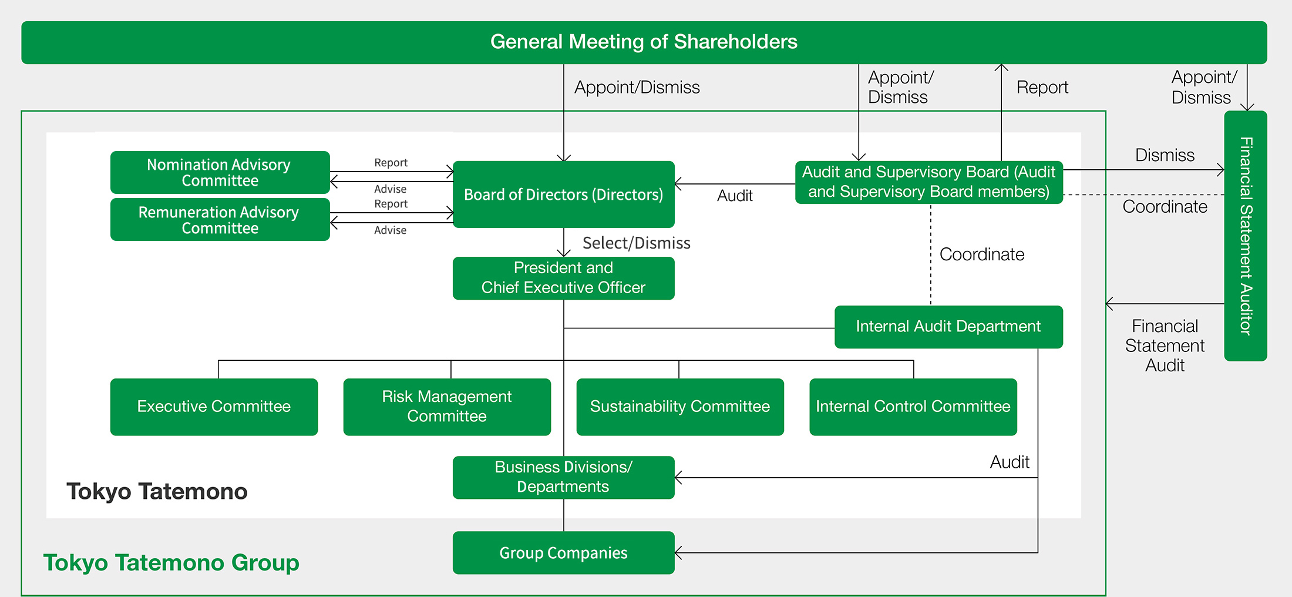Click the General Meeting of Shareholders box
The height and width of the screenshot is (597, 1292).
[x=644, y=42]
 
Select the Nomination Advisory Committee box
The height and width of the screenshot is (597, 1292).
[x=220, y=172]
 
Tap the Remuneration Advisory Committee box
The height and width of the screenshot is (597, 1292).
[x=220, y=220]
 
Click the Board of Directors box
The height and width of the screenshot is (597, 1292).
[x=563, y=194]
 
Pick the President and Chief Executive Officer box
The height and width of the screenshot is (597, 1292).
[x=563, y=278]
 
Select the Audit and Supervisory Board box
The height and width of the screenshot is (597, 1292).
[x=928, y=182]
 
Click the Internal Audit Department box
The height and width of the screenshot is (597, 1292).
[x=948, y=327]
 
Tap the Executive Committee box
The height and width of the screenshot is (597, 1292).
[x=214, y=407]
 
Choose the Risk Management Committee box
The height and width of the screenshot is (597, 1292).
[x=447, y=407]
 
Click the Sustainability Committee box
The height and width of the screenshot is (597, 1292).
[x=679, y=407]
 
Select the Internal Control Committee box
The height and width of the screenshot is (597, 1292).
[x=913, y=407]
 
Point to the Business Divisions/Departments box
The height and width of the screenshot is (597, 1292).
[x=563, y=477]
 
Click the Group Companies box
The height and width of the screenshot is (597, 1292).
[x=563, y=553]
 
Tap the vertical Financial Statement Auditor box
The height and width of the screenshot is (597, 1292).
[x=1246, y=236]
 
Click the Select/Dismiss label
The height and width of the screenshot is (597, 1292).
[x=636, y=243]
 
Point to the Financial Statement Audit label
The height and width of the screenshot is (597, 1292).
[x=1165, y=346]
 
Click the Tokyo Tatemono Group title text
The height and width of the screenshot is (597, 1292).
[x=171, y=563]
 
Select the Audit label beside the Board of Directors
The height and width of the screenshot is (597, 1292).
[x=735, y=196]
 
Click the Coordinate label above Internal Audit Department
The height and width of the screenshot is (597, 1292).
[x=982, y=254]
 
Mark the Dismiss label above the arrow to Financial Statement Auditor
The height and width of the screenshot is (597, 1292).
[x=1165, y=155]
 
